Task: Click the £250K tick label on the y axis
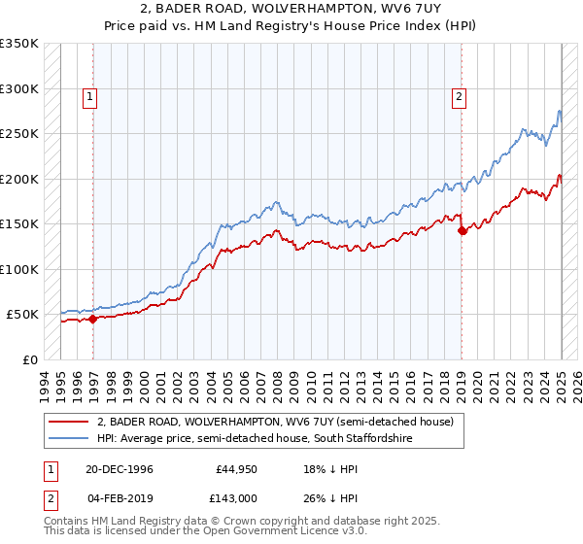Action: (19, 134)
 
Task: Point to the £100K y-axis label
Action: (19, 269)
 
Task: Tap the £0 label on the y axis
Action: (29, 359)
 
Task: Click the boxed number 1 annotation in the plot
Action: (89, 96)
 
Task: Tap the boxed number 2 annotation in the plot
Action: (458, 96)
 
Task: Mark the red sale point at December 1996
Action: (93, 319)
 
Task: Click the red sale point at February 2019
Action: (462, 230)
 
